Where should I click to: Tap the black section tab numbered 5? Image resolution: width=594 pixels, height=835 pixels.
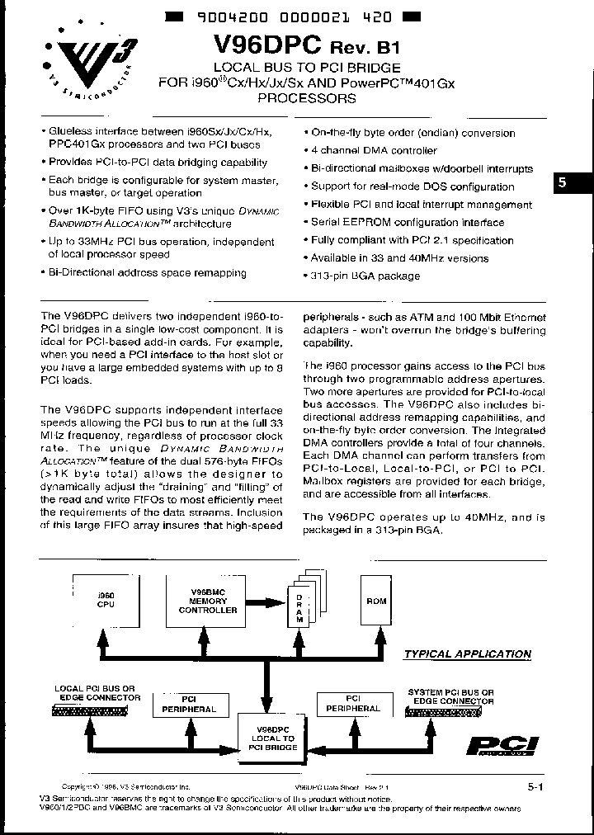coord(563,185)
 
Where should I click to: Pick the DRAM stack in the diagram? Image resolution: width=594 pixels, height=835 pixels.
coord(300,606)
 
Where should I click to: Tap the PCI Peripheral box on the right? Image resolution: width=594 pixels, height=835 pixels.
coord(353,704)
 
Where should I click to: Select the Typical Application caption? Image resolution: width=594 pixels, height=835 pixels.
coord(467,654)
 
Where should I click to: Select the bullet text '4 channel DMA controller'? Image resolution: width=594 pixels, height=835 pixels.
coord(374,150)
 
